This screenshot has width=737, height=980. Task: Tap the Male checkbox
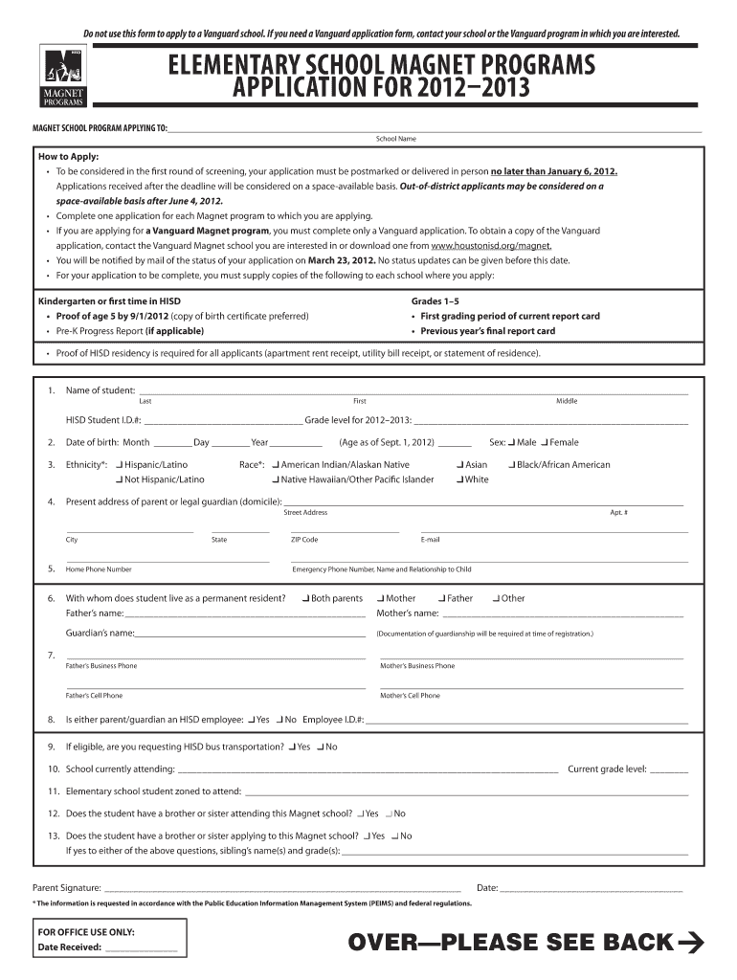coord(512,442)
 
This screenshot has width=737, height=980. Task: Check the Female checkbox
coord(545,442)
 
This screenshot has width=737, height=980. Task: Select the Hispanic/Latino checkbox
coord(119,464)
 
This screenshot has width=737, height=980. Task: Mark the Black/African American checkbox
coord(510,464)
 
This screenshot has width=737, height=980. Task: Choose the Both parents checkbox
coord(304,598)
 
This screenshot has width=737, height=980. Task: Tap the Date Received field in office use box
coord(141,947)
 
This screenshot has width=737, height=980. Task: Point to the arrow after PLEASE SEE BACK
coord(690,943)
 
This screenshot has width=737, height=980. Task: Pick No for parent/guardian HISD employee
coord(279,718)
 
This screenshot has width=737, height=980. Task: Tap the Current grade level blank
coord(669,768)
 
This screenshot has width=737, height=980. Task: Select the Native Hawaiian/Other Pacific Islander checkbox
coord(276,479)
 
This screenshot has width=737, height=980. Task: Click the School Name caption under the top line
coord(395,139)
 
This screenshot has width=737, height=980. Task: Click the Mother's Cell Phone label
coord(410,696)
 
